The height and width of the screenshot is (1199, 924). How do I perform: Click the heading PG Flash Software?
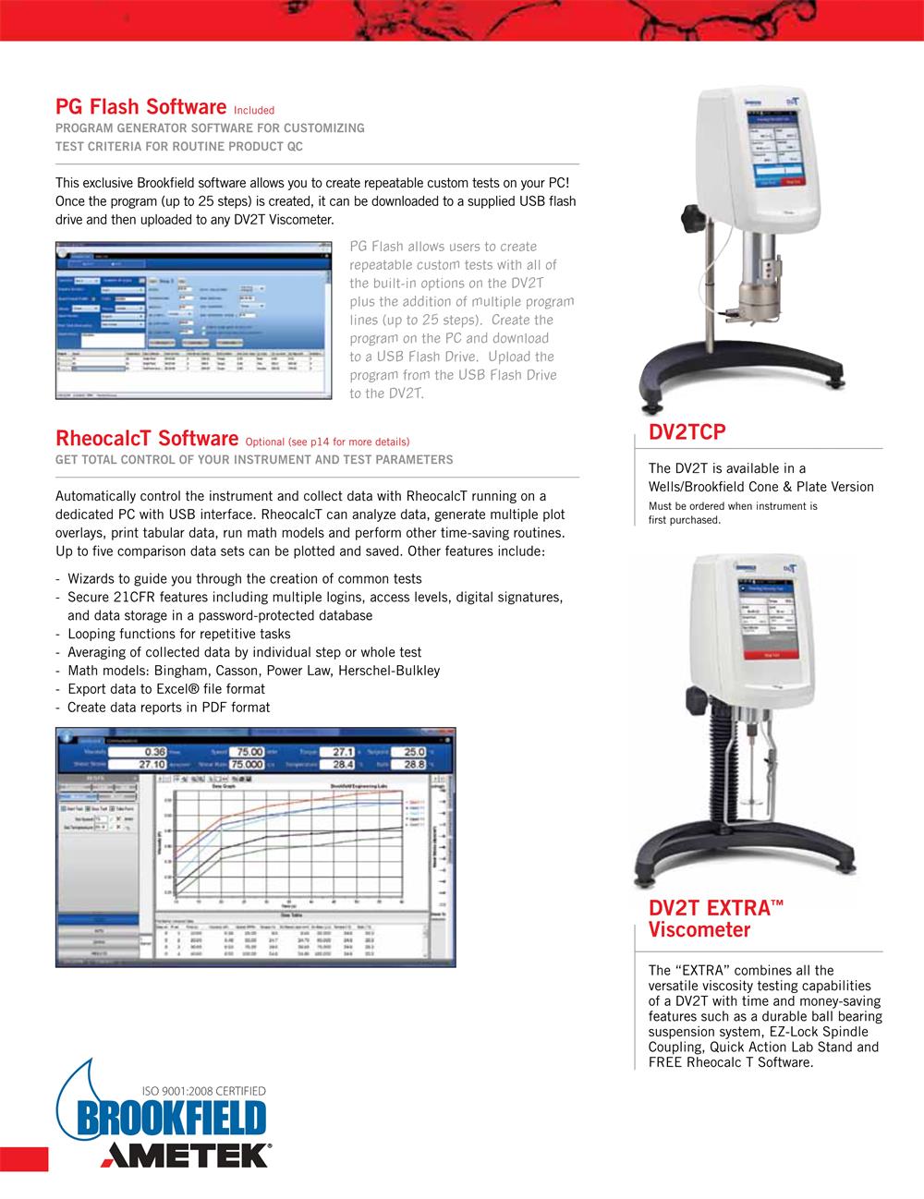click(x=140, y=107)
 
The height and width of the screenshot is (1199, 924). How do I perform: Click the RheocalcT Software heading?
click(x=147, y=437)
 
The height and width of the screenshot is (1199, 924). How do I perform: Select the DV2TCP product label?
click(x=687, y=432)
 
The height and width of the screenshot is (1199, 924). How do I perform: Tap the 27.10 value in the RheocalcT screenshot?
click(x=152, y=765)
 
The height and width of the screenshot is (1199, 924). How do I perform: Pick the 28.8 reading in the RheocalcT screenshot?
click(x=413, y=765)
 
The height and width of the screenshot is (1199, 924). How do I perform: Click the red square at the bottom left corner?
click(x=24, y=1158)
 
